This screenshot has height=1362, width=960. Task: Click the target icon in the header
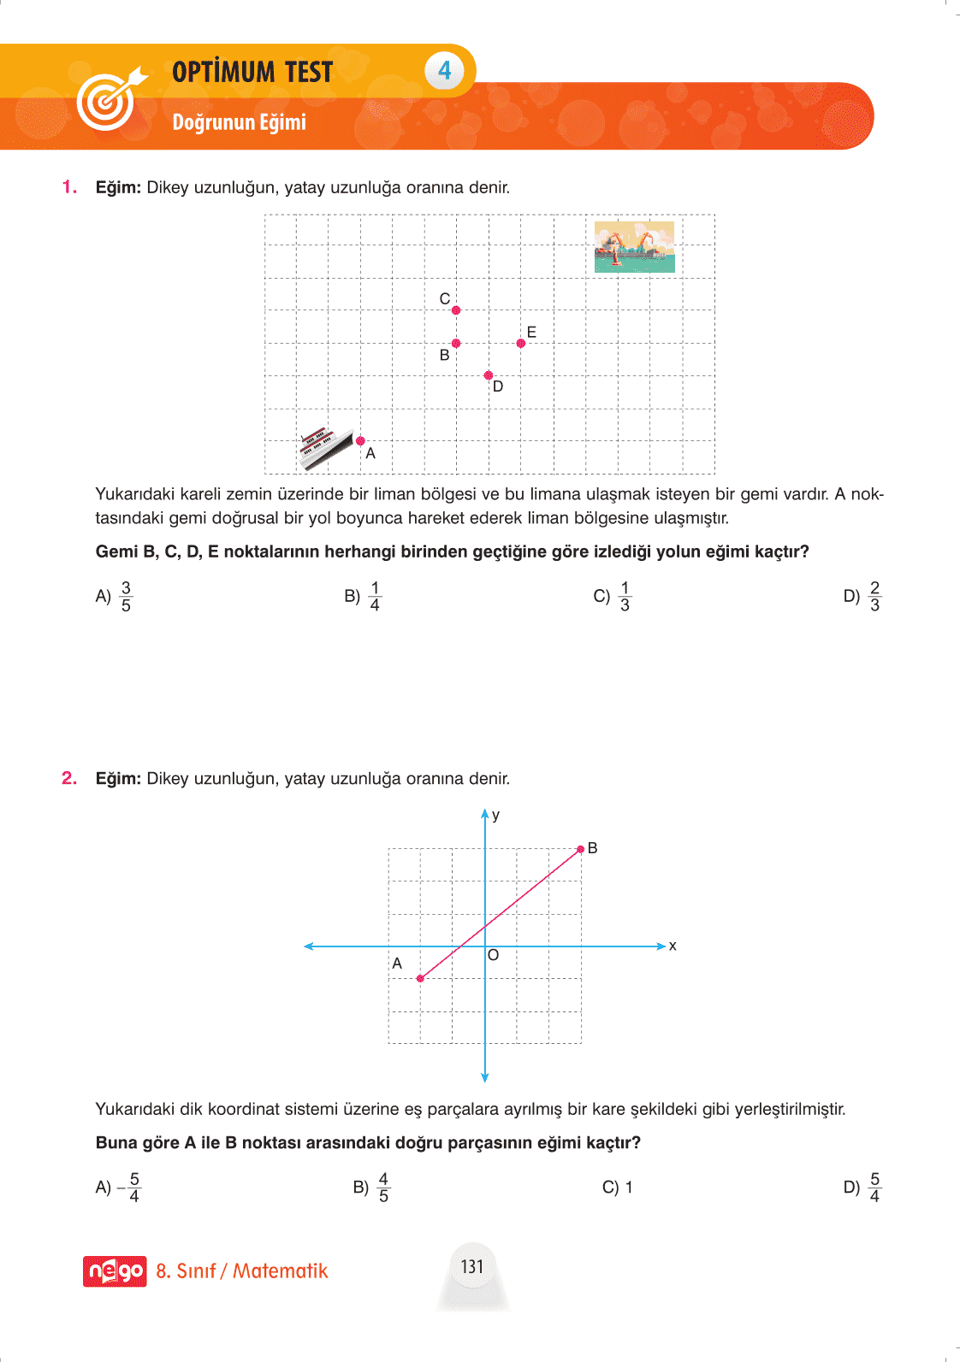108,99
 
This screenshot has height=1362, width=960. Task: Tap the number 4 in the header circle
444,70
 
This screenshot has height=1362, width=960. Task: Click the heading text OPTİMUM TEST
252,72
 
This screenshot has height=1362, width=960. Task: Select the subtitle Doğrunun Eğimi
239,122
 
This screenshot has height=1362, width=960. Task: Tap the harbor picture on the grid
634,246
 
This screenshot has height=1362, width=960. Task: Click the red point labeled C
456,310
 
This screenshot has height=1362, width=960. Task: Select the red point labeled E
521,343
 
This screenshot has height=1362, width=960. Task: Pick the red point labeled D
489,375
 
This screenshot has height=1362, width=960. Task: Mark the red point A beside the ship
360,441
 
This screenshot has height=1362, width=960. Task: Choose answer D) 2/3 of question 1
862,596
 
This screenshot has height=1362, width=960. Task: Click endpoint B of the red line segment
581,849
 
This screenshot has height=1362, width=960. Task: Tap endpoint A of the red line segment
420,978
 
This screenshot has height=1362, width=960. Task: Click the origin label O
494,955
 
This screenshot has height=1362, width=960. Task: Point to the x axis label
673,946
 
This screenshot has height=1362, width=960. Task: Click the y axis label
496,815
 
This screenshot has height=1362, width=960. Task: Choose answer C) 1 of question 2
618,1187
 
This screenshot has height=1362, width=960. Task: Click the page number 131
472,1266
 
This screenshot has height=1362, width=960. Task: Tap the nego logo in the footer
115,1271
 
